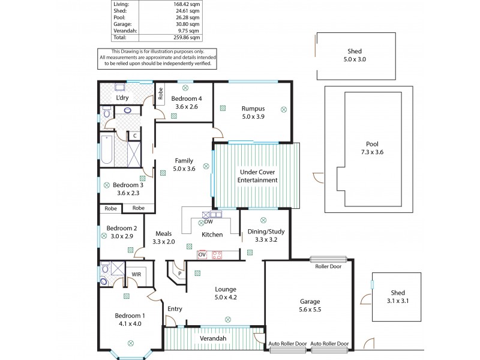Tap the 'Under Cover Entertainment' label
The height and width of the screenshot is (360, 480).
[x=257, y=176]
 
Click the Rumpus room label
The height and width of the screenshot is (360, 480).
[x=253, y=108]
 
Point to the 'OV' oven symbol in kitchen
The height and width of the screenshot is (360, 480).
[x=202, y=254]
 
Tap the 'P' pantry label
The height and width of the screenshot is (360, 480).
[x=179, y=274]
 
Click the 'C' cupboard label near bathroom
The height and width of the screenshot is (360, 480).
[x=135, y=136]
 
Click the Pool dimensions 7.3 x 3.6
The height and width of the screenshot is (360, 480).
[x=372, y=152]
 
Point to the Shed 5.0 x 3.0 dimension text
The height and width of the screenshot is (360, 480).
[x=354, y=60]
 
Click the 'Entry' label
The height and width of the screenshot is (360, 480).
[x=175, y=308]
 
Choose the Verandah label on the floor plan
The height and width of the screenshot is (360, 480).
[x=212, y=339]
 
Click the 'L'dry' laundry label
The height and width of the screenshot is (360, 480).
[x=122, y=97]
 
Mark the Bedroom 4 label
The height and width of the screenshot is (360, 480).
[x=186, y=98]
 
